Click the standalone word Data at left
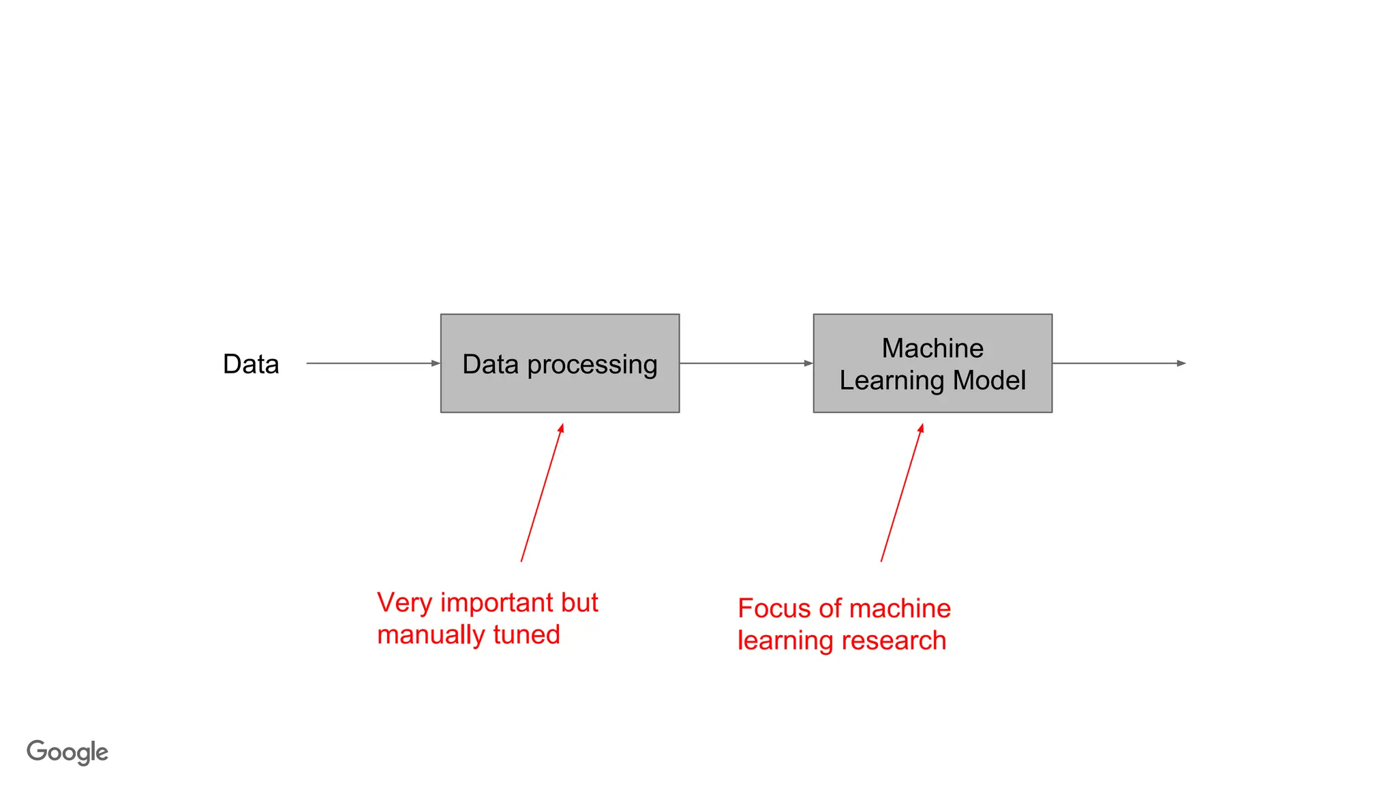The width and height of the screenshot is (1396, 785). (251, 364)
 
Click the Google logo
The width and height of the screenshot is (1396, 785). (67, 752)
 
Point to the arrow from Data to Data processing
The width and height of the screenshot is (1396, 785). (372, 363)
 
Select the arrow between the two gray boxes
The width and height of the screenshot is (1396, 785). (746, 363)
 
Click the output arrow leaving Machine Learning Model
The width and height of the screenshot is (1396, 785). (1119, 363)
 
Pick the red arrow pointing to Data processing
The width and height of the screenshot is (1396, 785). (542, 493)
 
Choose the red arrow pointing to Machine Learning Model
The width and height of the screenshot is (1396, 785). (902, 493)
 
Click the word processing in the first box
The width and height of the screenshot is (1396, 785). (592, 365)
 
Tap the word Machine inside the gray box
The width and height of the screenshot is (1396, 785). (932, 348)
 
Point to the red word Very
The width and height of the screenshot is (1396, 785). (405, 603)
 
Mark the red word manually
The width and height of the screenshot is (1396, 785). (431, 636)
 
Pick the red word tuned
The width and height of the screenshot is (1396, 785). (526, 635)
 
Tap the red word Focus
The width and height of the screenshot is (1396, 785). (774, 609)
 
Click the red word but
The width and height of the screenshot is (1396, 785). (579, 603)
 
